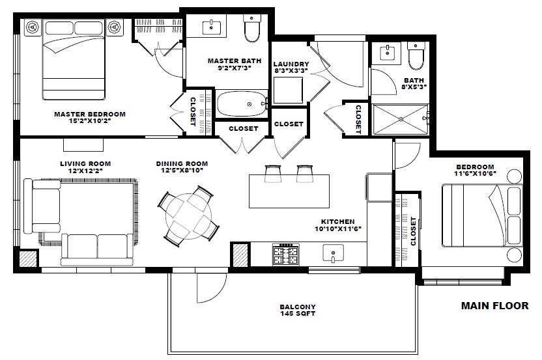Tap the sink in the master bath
(x=211, y=26)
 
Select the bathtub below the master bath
(x=242, y=104)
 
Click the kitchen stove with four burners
(x=286, y=255)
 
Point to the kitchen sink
(x=334, y=253)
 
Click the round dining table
(x=188, y=216)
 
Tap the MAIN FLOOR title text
(x=494, y=306)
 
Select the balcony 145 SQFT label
(x=298, y=311)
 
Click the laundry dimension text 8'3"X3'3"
(x=291, y=70)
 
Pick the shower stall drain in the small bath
(x=401, y=119)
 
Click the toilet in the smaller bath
(x=416, y=55)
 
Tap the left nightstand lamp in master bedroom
(x=33, y=27)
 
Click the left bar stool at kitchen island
(x=273, y=174)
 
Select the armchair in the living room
(x=42, y=206)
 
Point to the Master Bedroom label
(x=90, y=114)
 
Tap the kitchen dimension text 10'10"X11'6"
(x=338, y=228)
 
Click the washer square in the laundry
(x=288, y=90)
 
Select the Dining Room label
(x=182, y=163)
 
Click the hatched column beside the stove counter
(x=240, y=255)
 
